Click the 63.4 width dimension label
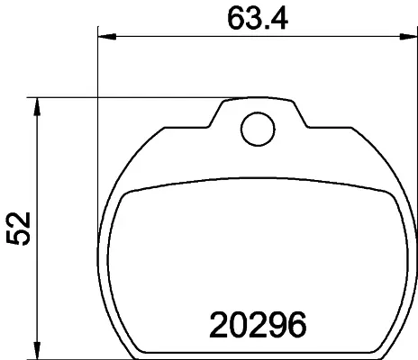258,19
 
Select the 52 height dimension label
19,229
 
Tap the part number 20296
258,325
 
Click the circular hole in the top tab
258,129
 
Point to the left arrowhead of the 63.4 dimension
107,37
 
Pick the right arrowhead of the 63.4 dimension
408,37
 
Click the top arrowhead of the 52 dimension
37,106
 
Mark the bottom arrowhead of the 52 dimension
37,350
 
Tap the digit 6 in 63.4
236,19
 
